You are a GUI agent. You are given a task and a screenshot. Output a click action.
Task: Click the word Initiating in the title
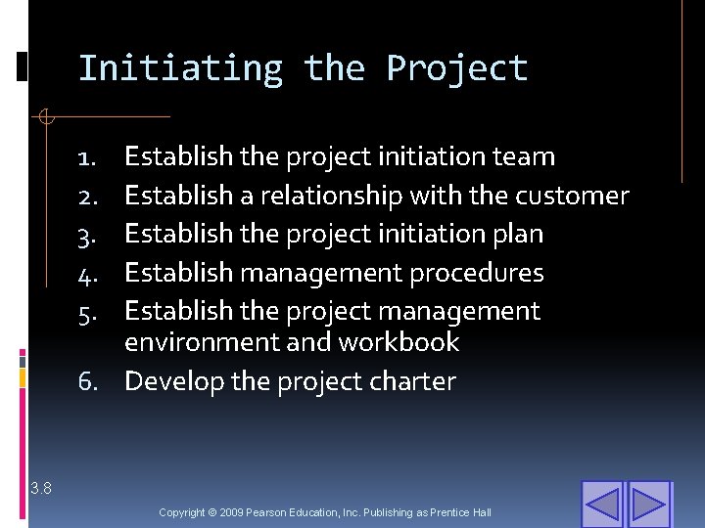(179, 68)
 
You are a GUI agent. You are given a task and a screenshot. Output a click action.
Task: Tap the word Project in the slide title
(457, 68)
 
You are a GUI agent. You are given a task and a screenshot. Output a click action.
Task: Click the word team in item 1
(524, 156)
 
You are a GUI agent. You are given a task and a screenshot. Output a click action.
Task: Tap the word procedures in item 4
(476, 273)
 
